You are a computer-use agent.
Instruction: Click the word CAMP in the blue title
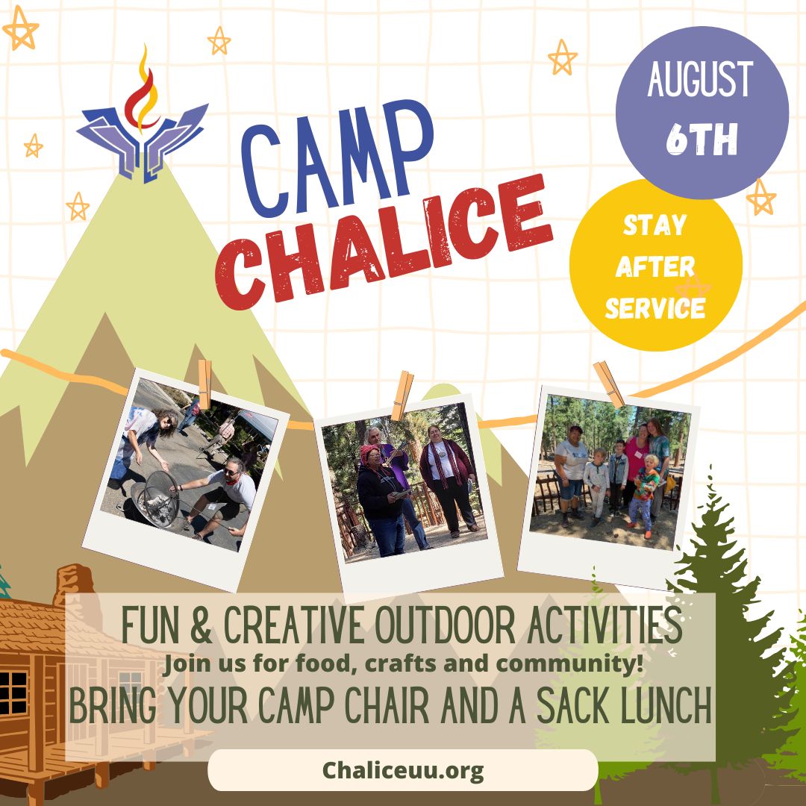click(337, 157)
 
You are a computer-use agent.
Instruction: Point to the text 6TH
click(702, 139)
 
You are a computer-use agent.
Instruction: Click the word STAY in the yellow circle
click(655, 225)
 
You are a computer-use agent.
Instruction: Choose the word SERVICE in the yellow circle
click(655, 308)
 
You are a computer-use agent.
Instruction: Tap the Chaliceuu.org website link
click(403, 770)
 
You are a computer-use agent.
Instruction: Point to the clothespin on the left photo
click(204, 384)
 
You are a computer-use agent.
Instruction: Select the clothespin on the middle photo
click(402, 396)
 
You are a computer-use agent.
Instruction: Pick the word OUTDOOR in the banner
click(445, 625)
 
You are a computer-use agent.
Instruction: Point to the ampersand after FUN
click(201, 625)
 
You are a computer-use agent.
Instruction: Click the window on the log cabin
click(13, 693)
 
